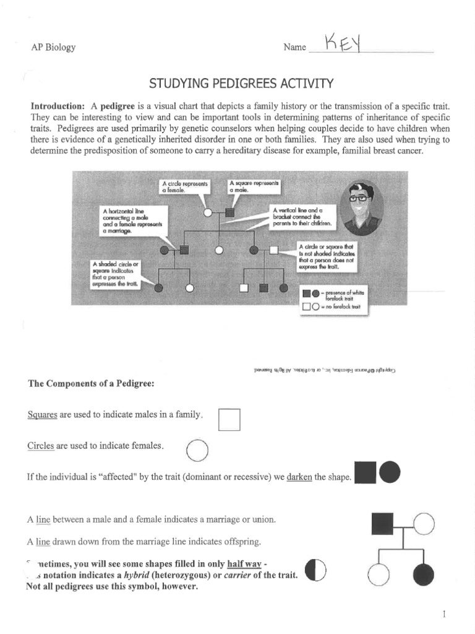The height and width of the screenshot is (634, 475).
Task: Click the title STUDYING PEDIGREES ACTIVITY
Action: (241, 83)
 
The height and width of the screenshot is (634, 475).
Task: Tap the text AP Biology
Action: (53, 48)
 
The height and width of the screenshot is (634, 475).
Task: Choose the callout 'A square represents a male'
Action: (254, 186)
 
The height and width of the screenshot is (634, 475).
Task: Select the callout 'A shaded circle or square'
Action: (116, 274)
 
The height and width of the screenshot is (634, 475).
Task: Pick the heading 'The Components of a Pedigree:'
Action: (90, 383)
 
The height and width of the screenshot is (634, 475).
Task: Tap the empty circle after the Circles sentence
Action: (197, 450)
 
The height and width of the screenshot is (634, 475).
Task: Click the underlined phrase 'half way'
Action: (242, 564)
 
